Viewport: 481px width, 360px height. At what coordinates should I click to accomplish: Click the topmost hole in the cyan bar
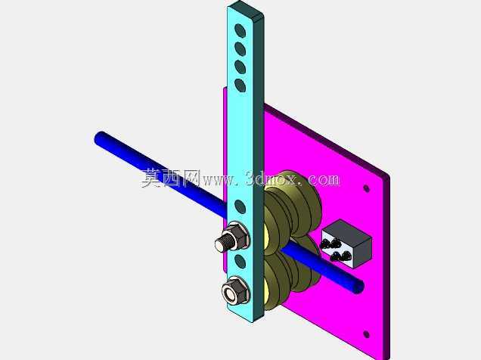point(240,31)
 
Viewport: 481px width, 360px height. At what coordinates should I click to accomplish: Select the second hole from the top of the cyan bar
point(240,48)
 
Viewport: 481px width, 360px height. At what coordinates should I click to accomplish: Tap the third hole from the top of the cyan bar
point(240,67)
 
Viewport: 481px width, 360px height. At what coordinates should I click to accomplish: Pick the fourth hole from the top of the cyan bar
point(240,85)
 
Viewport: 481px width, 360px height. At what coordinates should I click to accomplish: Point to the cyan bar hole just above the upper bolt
point(240,206)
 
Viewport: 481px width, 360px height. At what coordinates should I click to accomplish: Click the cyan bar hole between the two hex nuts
point(240,261)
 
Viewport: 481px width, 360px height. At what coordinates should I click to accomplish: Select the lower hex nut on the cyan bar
point(235,292)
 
